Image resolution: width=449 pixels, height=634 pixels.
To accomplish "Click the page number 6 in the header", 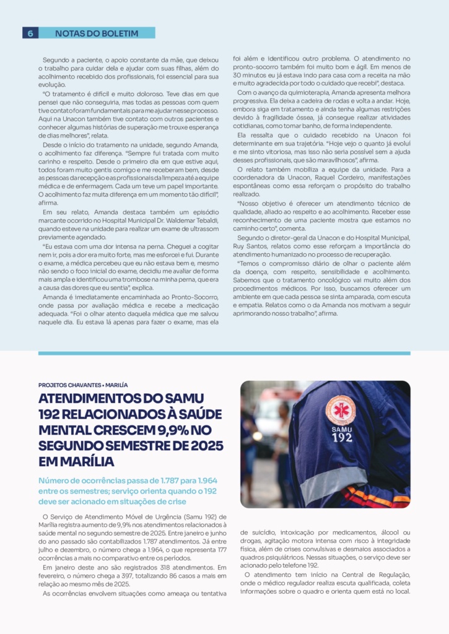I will [x=30, y=33].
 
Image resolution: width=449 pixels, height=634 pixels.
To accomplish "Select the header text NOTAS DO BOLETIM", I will [x=97, y=33].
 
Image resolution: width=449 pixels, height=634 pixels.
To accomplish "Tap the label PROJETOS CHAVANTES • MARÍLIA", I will [x=83, y=384].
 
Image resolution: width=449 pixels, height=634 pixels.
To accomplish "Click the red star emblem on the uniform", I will [x=341, y=409].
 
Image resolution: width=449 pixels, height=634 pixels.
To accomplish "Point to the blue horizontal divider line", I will [x=224, y=354].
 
